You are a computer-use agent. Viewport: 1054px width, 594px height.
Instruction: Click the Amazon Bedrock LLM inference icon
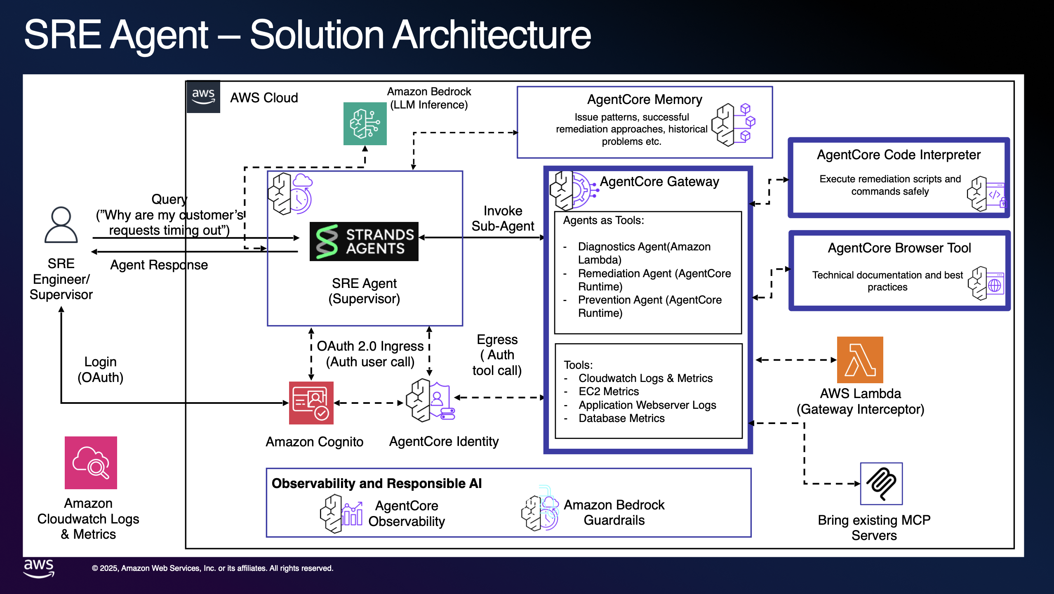(365, 124)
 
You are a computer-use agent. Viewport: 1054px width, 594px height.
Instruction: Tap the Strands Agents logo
(364, 242)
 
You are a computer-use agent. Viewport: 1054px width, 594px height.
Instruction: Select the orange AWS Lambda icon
(860, 360)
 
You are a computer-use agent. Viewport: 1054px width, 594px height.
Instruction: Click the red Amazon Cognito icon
(311, 403)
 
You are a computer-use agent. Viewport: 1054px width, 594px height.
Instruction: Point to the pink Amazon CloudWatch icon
(91, 463)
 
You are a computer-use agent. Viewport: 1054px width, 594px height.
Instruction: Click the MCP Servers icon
(881, 484)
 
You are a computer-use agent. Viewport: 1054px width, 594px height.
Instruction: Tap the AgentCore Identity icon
(430, 400)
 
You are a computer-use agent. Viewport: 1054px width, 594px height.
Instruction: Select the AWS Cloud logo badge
(203, 97)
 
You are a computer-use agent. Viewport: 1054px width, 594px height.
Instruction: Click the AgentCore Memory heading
(645, 99)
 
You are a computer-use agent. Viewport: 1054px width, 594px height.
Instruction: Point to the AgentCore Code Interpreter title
(899, 155)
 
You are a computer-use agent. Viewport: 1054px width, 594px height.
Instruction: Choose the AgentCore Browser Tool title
(899, 248)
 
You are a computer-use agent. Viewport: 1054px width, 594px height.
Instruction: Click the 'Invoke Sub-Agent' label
(503, 219)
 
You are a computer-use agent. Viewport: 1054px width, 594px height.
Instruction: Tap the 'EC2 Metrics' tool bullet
(609, 391)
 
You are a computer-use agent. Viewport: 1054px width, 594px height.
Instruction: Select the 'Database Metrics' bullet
(621, 418)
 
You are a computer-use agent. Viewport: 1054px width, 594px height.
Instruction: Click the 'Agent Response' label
(159, 265)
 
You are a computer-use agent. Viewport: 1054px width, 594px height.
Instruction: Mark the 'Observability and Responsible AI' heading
(376, 483)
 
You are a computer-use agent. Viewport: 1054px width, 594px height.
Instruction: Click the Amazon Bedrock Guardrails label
(614, 512)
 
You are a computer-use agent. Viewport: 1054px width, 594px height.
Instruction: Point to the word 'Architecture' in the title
(492, 35)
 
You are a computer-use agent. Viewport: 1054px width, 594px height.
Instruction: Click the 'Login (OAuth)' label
(100, 370)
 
